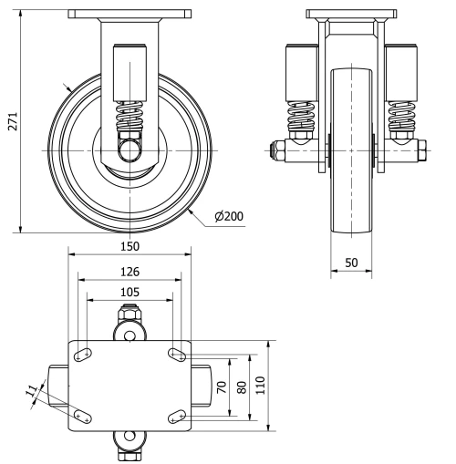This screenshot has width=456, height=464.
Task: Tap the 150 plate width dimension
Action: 130,247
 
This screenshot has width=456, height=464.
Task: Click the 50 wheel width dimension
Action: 351,262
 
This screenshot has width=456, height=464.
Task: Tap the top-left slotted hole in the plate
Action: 82,354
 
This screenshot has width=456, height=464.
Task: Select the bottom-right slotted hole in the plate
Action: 176,416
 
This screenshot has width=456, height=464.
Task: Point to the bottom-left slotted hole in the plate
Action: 82,416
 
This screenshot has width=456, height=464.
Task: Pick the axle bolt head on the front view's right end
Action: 422,147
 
